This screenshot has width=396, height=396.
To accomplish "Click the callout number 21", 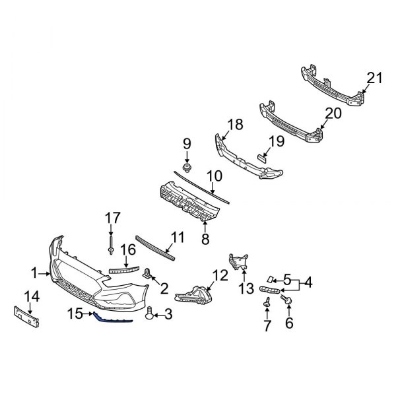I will pyautogui.click(x=374, y=79).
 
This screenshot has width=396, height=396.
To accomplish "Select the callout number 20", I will pyautogui.click(x=333, y=113).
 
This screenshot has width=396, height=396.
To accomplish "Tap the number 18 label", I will pyautogui.click(x=236, y=125).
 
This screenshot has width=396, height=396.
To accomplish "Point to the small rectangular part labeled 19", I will pyautogui.click(x=261, y=157).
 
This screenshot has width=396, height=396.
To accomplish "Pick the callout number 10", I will pyautogui.click(x=214, y=176).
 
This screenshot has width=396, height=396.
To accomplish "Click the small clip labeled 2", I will pyautogui.click(x=148, y=273).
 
